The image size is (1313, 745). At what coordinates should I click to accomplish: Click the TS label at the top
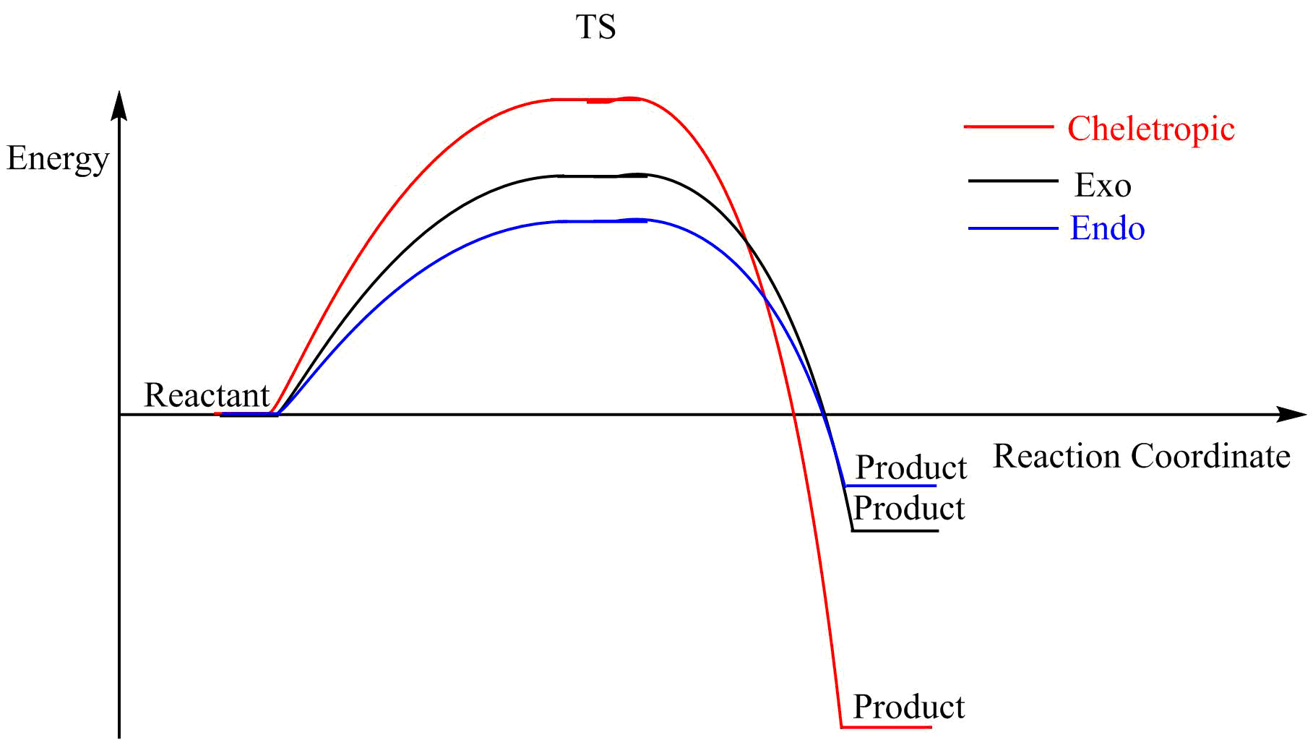595,27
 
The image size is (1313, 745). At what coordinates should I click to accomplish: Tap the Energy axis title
58,159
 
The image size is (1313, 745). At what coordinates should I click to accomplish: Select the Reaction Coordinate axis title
1141,457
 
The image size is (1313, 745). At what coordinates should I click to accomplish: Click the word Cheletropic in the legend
1151,129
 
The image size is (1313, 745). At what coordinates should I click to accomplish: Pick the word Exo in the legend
1103,186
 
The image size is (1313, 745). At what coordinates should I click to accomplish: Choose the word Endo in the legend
1107,228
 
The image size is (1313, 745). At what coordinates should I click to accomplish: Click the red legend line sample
1008,126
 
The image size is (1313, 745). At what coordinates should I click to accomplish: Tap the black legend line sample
1012,181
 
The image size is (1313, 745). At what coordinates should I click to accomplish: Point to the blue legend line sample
1012,228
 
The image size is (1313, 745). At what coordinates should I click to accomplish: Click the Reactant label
207,395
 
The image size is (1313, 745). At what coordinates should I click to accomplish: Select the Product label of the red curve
908,707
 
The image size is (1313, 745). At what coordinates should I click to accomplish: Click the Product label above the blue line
911,468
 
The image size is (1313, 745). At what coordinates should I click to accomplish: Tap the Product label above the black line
909,509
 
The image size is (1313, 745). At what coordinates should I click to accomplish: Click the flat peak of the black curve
603,176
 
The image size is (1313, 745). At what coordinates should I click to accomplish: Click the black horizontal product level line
895,531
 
